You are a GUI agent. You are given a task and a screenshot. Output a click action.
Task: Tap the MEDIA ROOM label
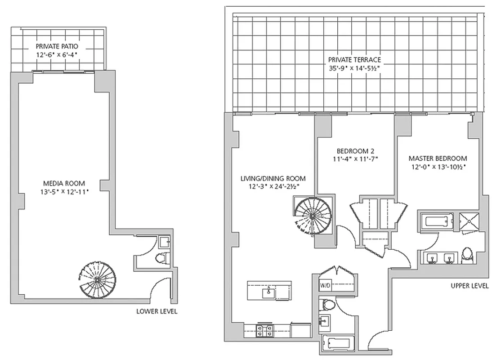pos(63,183)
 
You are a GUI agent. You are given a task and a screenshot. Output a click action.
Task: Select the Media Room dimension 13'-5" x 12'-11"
pos(63,192)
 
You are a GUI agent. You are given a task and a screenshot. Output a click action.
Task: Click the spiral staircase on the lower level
pos(97,279)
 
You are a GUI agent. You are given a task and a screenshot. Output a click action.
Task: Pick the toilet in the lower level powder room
pos(161,258)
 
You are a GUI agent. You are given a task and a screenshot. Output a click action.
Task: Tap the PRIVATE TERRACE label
pos(354,59)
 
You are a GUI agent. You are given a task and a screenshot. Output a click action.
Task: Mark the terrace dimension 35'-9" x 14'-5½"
pos(354,68)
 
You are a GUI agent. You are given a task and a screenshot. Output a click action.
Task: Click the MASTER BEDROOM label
pos(437,158)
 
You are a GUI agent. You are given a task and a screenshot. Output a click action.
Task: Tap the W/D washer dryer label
pos(325,286)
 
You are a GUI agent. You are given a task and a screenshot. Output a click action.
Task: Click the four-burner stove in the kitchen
pos(264,331)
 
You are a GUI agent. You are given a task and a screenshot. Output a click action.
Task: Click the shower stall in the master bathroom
pos(470,221)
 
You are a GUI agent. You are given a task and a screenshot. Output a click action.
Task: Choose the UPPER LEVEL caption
pos(469,286)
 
